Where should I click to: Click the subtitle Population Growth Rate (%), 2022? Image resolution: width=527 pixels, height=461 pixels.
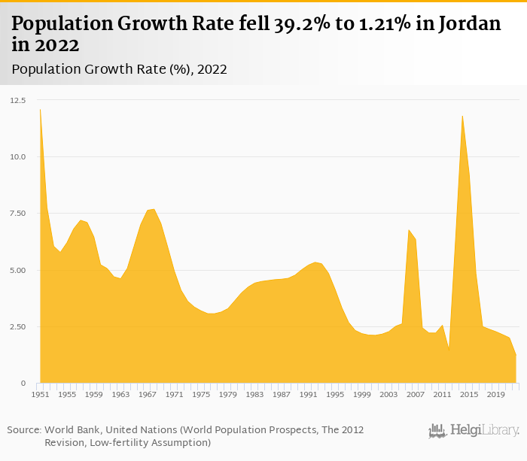119,69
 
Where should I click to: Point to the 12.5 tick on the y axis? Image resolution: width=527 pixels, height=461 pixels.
18,100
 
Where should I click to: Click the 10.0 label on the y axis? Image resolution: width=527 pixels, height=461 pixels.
18,156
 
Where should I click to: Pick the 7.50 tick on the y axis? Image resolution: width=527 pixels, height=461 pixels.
18,214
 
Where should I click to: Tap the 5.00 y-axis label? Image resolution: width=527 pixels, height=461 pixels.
18,270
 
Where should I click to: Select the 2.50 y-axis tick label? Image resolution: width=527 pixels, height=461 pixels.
18,326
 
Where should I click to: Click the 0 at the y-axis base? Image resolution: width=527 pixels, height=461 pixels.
23,384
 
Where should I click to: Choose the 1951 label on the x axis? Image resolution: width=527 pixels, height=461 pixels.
40,394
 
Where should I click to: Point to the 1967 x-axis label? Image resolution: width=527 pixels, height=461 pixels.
148,394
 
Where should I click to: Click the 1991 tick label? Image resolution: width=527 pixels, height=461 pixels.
308,394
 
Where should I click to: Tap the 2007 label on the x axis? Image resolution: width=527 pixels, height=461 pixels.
415,394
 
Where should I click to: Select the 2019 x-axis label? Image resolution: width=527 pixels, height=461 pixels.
495,394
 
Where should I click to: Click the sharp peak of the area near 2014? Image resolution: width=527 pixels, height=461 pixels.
462,115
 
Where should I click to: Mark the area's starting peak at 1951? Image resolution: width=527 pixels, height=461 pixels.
40,110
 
